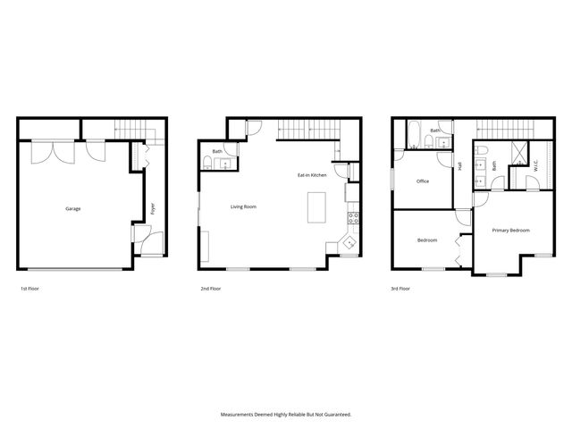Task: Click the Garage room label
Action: [x=72, y=209]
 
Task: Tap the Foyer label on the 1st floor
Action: [x=153, y=208]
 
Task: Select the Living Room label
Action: [x=243, y=206]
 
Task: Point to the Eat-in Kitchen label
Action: [x=312, y=175]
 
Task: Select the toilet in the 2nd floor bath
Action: [x=207, y=162]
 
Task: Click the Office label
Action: [x=423, y=181]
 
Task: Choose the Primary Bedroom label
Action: [x=510, y=230]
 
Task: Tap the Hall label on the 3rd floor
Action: [x=459, y=165]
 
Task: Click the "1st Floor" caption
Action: [x=29, y=289]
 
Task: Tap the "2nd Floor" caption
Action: [x=209, y=289]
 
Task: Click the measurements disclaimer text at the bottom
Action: [x=286, y=415]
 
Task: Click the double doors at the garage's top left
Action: [x=47, y=152]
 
